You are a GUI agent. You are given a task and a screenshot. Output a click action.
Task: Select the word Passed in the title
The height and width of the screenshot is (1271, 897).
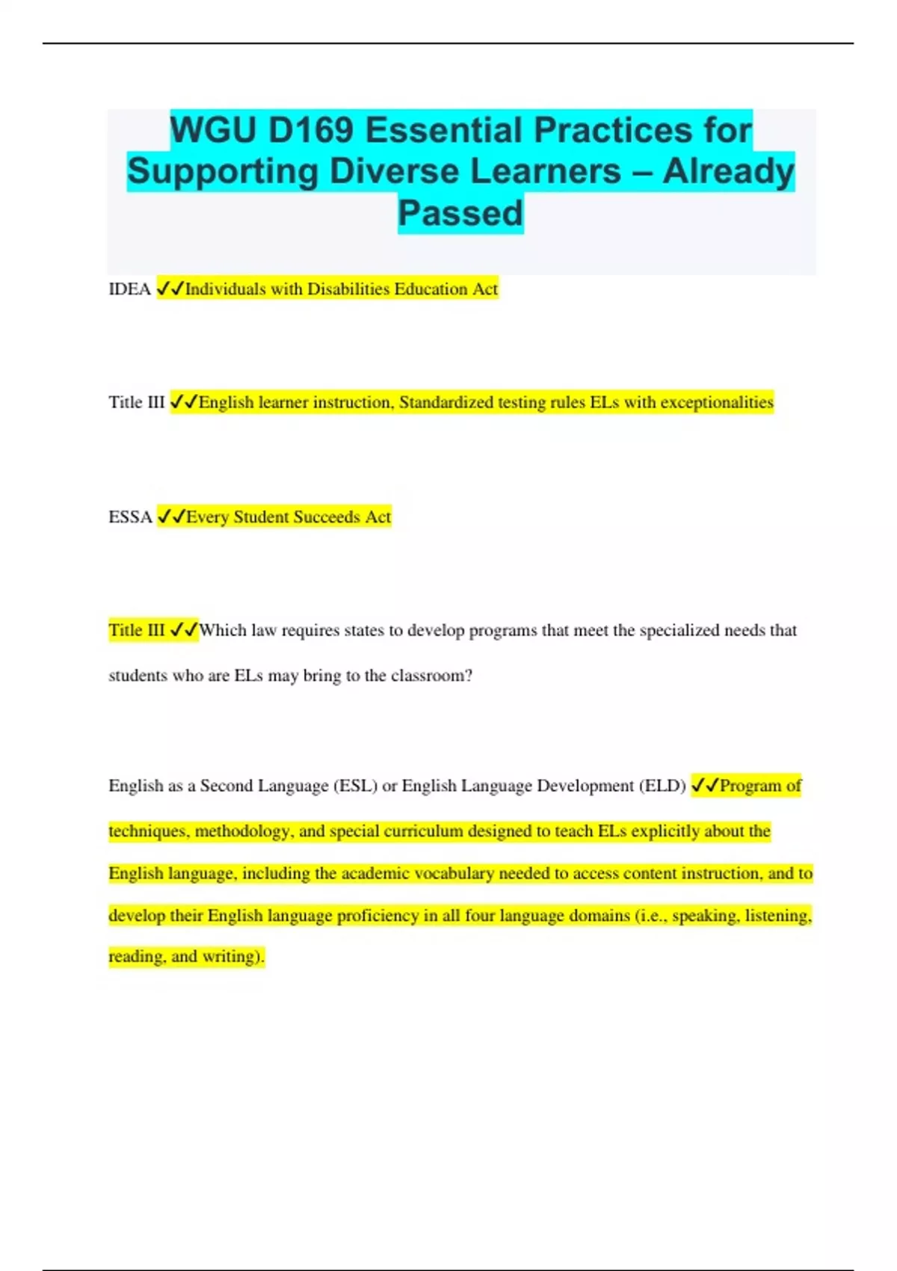(x=460, y=213)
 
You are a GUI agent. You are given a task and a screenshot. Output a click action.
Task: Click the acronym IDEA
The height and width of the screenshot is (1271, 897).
(x=129, y=289)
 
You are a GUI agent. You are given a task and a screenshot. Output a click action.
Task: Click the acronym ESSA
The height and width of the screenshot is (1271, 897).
(x=130, y=517)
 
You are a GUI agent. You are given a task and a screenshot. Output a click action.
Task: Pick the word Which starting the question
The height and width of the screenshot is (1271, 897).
(x=223, y=630)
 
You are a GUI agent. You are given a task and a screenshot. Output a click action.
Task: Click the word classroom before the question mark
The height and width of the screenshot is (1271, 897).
(x=428, y=676)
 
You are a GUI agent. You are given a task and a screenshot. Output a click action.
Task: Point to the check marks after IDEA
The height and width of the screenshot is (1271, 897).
(x=170, y=289)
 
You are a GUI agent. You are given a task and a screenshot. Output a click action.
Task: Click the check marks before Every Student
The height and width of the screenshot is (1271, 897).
(x=171, y=517)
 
